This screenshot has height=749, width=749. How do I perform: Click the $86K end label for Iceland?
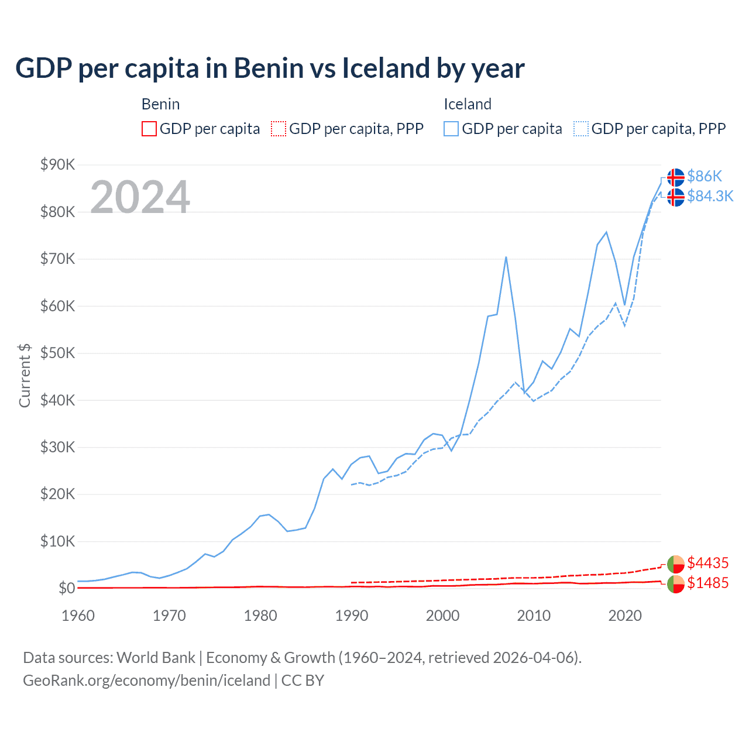coord(705,176)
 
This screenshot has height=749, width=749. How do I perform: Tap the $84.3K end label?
coord(710,196)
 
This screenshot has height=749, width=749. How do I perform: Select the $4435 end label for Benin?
coord(707,563)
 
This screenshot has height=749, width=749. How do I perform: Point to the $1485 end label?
coord(707,583)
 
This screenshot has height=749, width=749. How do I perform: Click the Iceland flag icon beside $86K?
coord(676,177)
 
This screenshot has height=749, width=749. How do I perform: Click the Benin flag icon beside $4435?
coord(676,564)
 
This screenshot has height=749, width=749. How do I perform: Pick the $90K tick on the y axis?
coord(57,165)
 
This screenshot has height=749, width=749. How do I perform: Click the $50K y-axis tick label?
coord(57,353)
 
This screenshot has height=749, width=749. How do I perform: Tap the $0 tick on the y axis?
coord(67,589)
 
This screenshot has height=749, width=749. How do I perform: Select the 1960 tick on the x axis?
coord(78,616)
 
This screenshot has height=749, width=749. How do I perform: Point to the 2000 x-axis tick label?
coord(442,616)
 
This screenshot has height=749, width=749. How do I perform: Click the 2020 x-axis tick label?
coord(625,616)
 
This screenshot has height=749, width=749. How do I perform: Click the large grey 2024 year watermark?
coord(140,197)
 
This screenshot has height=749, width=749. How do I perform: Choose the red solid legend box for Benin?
coord(149,129)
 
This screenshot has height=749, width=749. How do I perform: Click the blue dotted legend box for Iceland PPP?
coord(581,129)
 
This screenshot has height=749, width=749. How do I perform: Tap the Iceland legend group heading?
coord(467,104)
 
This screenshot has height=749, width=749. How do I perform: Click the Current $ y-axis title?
coord(25,376)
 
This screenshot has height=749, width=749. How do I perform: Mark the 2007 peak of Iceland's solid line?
coord(506,257)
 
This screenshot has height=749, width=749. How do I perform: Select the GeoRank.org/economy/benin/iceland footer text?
coord(146,681)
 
